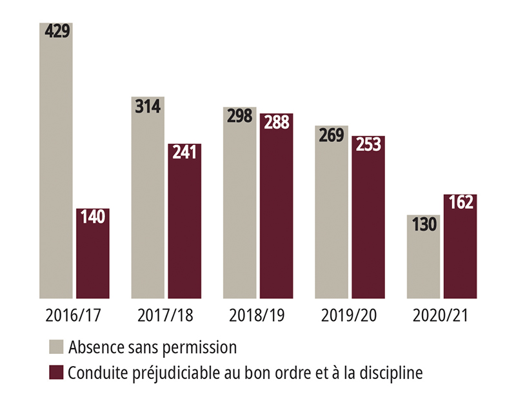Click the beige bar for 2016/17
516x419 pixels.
pyautogui.click(x=56, y=161)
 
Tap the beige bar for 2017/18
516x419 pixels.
pyautogui.click(x=148, y=200)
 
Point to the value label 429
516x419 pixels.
pyautogui.click(x=57, y=32)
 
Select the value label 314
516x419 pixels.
pyautogui.click(x=148, y=104)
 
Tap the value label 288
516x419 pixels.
pyautogui.click(x=276, y=122)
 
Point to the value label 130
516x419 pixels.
pyautogui.click(x=423, y=224)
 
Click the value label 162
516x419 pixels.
pyautogui.click(x=460, y=202)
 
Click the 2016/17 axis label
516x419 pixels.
pyautogui.click(x=74, y=316)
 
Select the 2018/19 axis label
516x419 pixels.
pyautogui.click(x=258, y=316)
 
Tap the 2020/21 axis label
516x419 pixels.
pyautogui.click(x=441, y=316)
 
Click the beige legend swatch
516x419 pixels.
pyautogui.click(x=57, y=347)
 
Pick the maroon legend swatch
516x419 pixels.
pyautogui.click(x=57, y=373)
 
